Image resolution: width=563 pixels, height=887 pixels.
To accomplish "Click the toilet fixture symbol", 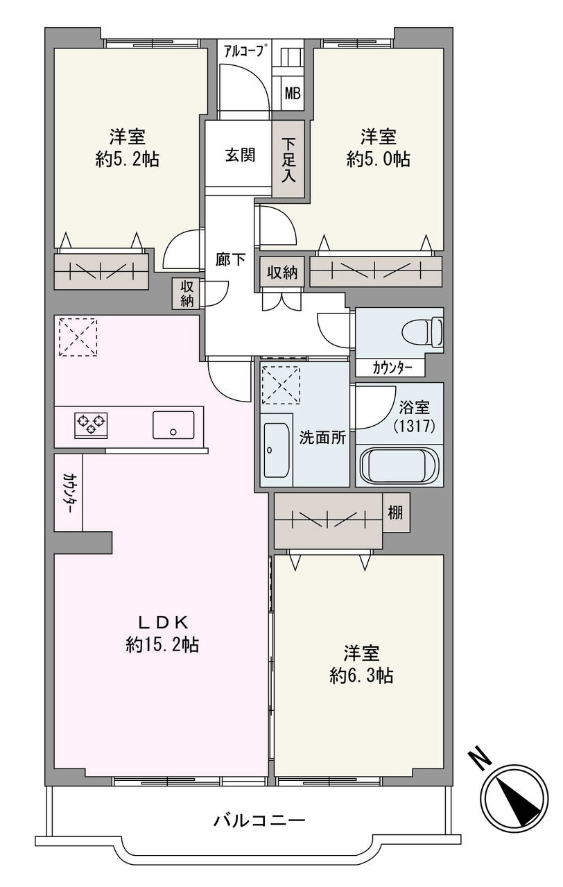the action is [x=422, y=331].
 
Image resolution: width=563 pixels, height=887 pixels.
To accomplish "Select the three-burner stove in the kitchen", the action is [x=91, y=425].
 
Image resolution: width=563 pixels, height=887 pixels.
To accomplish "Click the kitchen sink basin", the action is [x=173, y=424].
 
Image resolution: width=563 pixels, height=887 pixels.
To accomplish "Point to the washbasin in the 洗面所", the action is [x=275, y=451].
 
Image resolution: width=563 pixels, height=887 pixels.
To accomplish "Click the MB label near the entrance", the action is [x=293, y=94].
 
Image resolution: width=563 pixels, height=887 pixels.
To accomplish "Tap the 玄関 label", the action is [x=241, y=155].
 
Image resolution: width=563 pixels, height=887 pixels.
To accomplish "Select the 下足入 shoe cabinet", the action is [x=288, y=160].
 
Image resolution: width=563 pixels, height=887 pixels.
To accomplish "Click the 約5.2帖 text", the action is [x=127, y=160].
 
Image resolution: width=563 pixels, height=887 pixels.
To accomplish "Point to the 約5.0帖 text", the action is [x=378, y=160].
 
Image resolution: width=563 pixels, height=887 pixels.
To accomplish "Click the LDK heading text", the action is [x=162, y=623].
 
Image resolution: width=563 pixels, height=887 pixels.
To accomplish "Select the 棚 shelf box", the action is [x=396, y=513].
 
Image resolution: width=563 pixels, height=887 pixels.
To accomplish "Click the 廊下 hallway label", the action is [x=230, y=260].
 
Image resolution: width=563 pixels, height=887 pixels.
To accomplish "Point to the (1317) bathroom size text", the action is [x=415, y=426].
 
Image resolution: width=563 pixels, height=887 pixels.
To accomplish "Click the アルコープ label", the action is [x=243, y=51].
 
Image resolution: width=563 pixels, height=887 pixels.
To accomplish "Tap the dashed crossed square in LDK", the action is [x=78, y=336].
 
